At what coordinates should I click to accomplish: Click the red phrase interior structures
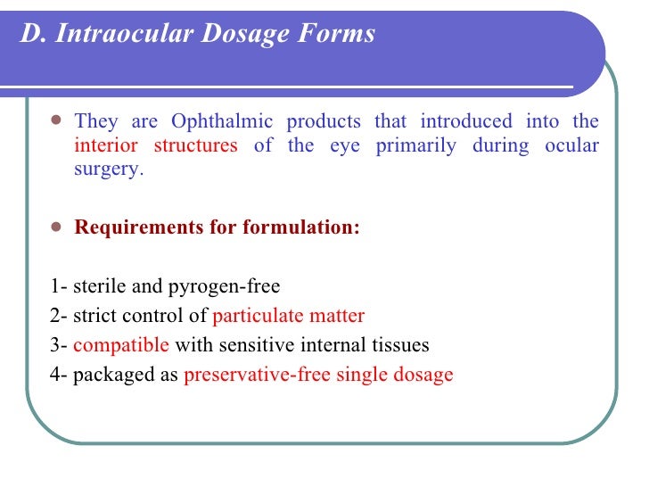[156, 145]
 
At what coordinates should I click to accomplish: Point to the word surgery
[107, 169]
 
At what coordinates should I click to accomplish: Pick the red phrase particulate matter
[289, 316]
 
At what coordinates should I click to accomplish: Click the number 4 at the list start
[55, 375]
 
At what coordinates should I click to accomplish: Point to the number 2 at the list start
[55, 316]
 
